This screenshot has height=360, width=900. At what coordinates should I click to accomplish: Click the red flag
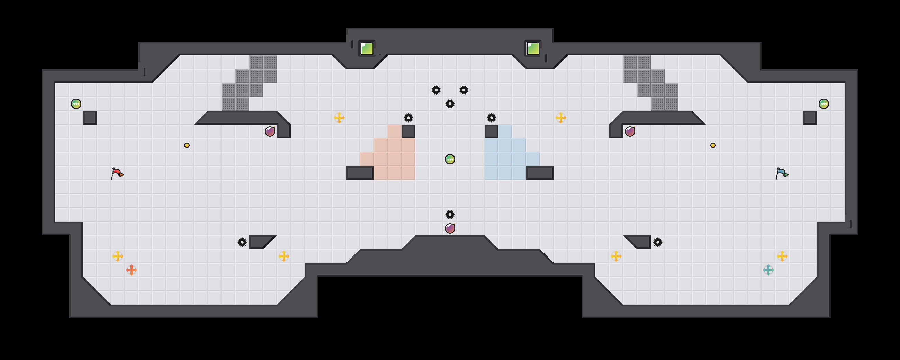pyautogui.click(x=117, y=173)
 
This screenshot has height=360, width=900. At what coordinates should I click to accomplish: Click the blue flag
pyautogui.click(x=782, y=173)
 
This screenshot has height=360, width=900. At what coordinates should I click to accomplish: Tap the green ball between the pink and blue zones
pyautogui.click(x=450, y=159)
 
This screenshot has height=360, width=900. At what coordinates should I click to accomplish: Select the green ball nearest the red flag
pyautogui.click(x=76, y=104)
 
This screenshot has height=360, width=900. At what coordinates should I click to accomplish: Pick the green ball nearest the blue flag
pyautogui.click(x=823, y=104)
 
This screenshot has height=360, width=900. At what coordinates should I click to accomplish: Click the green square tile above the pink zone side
pyautogui.click(x=367, y=48)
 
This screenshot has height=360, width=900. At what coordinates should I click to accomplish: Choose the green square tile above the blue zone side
pyautogui.click(x=533, y=48)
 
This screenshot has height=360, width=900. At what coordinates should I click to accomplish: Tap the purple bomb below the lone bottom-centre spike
pyautogui.click(x=450, y=228)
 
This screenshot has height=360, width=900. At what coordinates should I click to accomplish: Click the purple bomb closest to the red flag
pyautogui.click(x=270, y=132)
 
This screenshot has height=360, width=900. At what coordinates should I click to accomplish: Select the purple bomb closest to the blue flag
pyautogui.click(x=630, y=132)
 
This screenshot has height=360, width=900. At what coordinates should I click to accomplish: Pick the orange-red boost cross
pyautogui.click(x=132, y=270)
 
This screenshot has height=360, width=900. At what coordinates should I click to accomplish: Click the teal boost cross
pyautogui.click(x=768, y=270)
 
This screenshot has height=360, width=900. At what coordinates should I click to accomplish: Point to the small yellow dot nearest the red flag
pyautogui.click(x=187, y=145)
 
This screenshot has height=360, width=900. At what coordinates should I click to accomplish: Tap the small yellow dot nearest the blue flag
pyautogui.click(x=713, y=145)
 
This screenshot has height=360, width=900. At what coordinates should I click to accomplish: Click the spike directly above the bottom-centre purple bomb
pyautogui.click(x=450, y=214)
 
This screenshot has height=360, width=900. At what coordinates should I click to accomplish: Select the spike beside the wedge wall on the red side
pyautogui.click(x=242, y=242)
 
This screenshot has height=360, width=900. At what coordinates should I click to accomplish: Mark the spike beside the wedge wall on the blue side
pyautogui.click(x=658, y=242)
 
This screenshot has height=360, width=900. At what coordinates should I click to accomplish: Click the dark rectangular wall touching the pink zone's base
pyautogui.click(x=360, y=173)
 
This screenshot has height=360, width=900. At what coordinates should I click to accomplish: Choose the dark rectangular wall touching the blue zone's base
pyautogui.click(x=540, y=173)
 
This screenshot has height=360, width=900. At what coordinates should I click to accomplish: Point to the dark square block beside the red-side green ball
pyautogui.click(x=90, y=118)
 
